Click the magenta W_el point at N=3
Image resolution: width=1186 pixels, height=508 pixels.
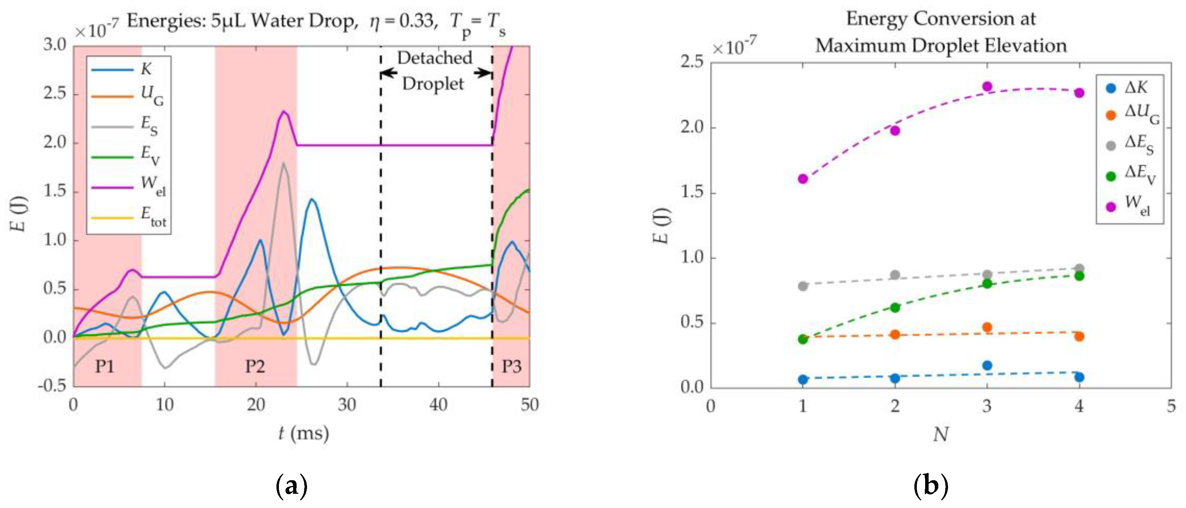[987, 86]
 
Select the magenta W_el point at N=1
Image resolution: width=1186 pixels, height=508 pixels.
[803, 179]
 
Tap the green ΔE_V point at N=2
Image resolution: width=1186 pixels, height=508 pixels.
[895, 308]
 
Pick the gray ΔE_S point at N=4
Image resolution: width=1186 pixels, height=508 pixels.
[1079, 268]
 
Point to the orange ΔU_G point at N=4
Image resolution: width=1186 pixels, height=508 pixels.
[1079, 336]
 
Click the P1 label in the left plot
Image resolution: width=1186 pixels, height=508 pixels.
[104, 366]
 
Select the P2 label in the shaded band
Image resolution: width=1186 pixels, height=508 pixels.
[255, 366]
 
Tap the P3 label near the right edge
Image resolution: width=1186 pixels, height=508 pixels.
[511, 366]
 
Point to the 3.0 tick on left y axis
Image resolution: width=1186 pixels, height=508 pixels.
[55, 45]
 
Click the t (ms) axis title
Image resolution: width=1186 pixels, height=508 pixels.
[304, 434]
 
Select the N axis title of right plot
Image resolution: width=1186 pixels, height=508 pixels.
[941, 435]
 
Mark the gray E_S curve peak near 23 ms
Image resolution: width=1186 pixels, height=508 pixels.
[283, 163]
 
